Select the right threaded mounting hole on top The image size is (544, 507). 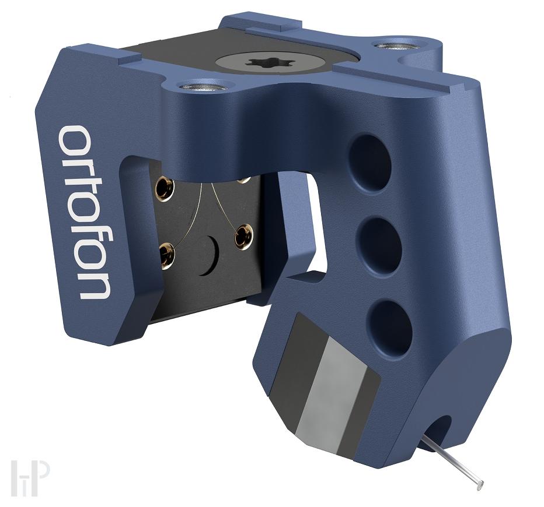(389, 47)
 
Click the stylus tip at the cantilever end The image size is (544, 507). (480, 483)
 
